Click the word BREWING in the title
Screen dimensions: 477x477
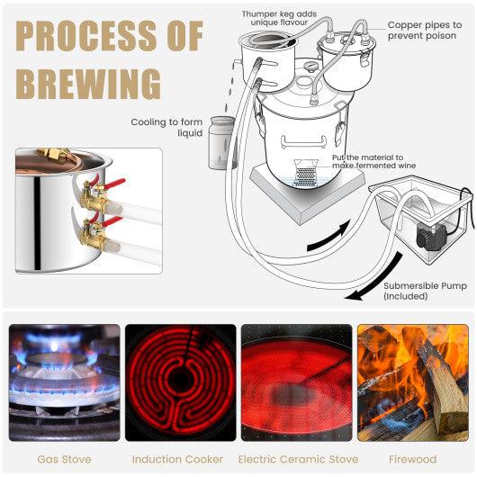pos(88,84)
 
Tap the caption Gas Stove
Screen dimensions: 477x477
pos(63,459)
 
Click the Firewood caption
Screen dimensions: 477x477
pos(412,459)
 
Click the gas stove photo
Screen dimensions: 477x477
pos(64,382)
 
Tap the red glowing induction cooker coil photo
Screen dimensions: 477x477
pos(180,382)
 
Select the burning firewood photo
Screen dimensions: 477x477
pos(412,382)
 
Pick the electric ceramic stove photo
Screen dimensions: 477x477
pos(296,382)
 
